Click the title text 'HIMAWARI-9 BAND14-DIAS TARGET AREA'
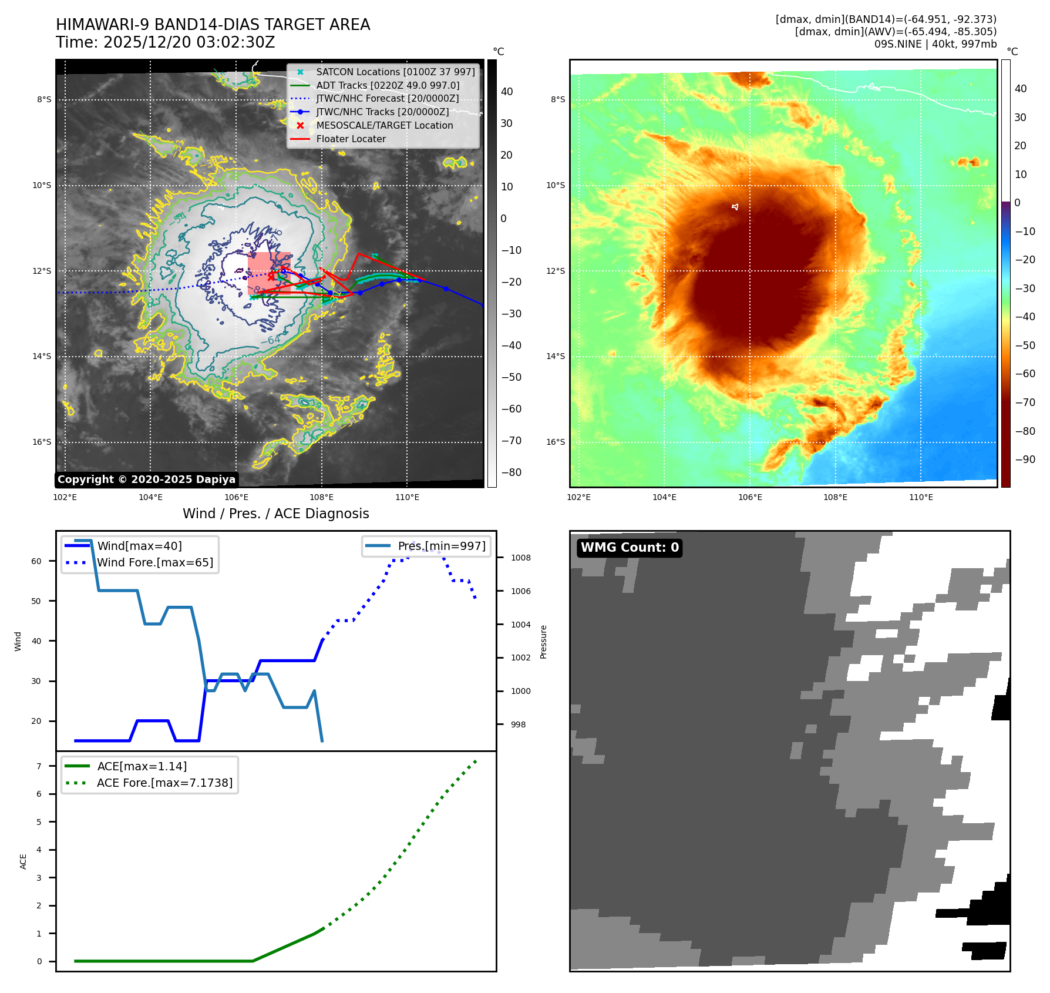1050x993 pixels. (213, 25)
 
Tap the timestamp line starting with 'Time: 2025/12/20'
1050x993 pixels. (165, 42)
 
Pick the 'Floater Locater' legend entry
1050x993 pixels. (351, 139)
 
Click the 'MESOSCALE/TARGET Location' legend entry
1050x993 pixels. (384, 125)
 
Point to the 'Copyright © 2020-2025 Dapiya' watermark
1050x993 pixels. (146, 479)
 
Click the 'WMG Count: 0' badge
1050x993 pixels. (630, 548)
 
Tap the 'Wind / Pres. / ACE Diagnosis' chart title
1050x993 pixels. (275, 514)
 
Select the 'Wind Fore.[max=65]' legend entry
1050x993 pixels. (155, 562)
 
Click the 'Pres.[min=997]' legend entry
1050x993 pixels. (442, 546)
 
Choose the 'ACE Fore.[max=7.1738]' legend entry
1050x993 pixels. (164, 783)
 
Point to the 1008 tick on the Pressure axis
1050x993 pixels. (520, 558)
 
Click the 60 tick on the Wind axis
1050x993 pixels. (36, 561)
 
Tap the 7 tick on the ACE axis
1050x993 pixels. (39, 766)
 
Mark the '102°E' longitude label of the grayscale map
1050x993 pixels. (65, 497)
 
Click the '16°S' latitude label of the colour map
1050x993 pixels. (556, 442)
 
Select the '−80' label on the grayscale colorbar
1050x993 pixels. (511, 472)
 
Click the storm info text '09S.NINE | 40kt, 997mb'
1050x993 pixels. (935, 44)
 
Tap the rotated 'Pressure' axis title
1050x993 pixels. (543, 642)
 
